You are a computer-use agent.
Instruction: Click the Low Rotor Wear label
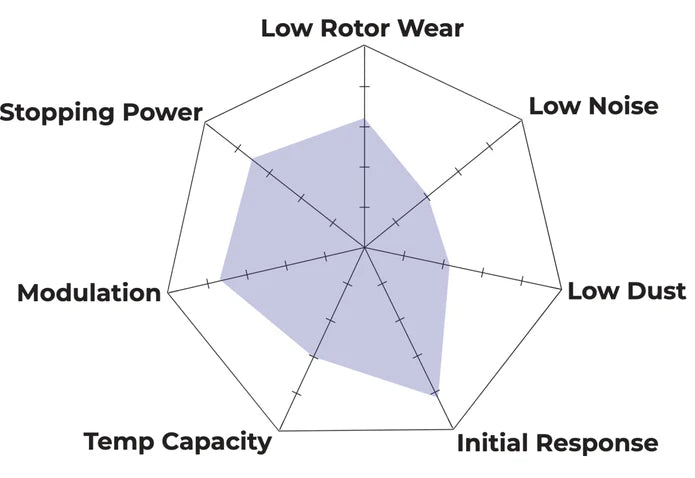coord(362,28)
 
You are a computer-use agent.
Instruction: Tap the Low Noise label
coord(593,106)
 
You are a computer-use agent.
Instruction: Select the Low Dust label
coord(627,291)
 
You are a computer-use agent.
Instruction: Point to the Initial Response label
coord(557,443)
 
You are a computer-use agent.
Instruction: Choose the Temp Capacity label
coord(177,442)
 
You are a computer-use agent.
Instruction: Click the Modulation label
coord(89,293)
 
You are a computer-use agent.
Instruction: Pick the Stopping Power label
coord(101,113)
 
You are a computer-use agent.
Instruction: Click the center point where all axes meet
coord(364,247)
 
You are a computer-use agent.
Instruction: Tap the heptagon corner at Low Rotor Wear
coord(364,45)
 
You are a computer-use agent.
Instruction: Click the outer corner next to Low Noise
coord(522,120)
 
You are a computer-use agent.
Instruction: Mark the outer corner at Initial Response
coord(453,429)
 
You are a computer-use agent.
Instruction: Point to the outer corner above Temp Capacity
coord(279,430)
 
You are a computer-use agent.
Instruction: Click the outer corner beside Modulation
coord(168,293)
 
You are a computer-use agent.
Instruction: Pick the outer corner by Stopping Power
coord(205,122)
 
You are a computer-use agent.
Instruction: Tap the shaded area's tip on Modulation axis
coord(221,280)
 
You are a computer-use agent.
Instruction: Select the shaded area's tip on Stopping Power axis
coord(253,158)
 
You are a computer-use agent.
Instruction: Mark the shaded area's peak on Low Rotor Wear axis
coord(364,118)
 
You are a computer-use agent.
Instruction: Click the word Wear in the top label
coord(431,28)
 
